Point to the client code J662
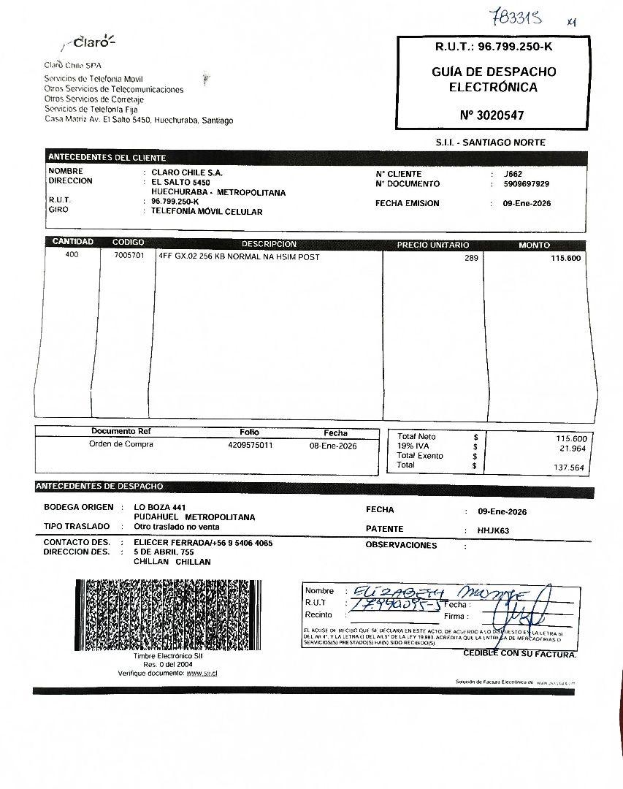click(513, 174)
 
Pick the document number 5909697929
click(527, 184)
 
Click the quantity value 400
click(72, 256)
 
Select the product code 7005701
click(129, 256)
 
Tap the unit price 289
click(471, 258)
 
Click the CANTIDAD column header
click(72, 242)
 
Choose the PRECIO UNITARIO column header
click(433, 245)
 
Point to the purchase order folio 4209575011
click(251, 444)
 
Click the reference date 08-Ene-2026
click(333, 445)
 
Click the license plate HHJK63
click(494, 530)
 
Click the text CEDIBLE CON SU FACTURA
click(519, 654)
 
